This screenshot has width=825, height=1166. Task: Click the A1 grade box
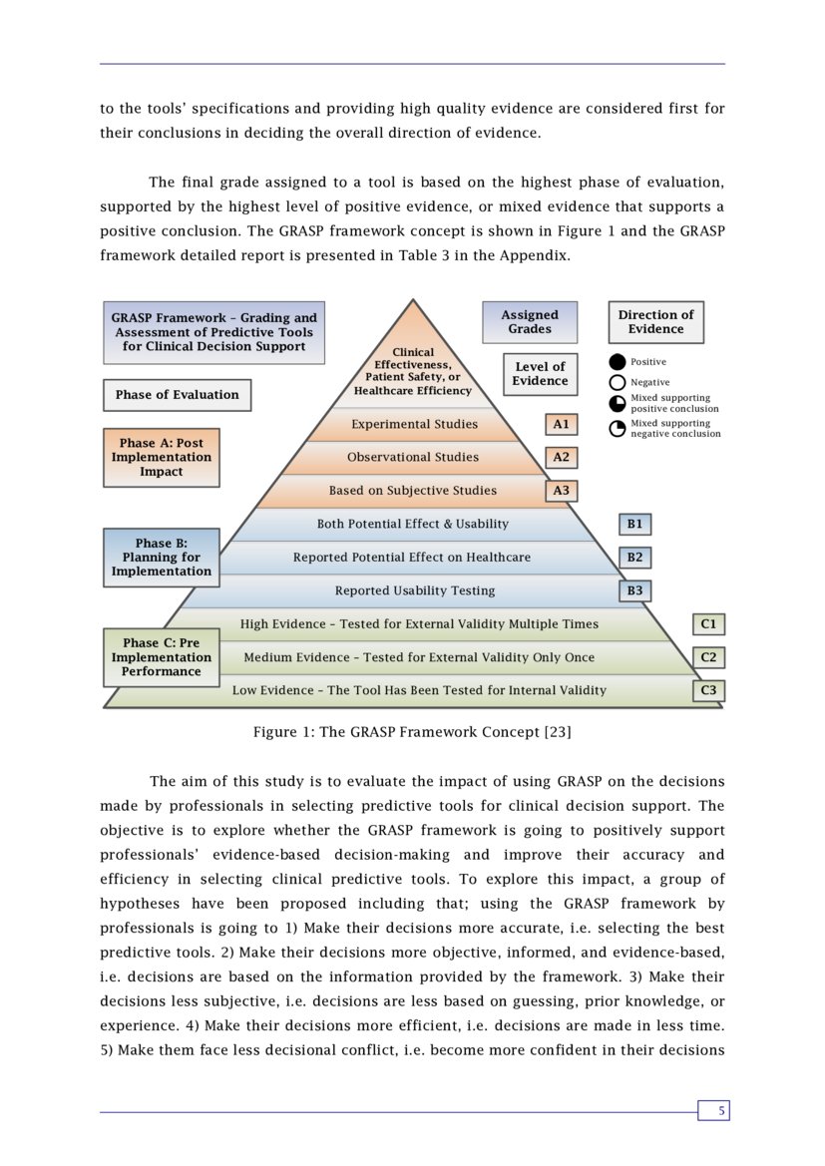pyautogui.click(x=561, y=424)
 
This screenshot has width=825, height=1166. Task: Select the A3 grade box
pyautogui.click(x=561, y=491)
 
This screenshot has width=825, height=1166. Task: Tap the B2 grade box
pyautogui.click(x=634, y=558)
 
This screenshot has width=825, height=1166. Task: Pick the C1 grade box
pyautogui.click(x=708, y=624)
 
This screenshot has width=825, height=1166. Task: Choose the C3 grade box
pyautogui.click(x=708, y=690)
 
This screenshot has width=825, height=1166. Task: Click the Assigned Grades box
pyautogui.click(x=529, y=322)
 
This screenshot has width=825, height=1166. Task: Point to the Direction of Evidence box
pyautogui.click(x=655, y=322)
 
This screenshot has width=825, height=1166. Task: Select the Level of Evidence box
pyautogui.click(x=540, y=374)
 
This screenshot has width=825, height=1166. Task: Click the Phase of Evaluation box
pyautogui.click(x=177, y=395)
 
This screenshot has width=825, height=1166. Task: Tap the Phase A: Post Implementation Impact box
pyautogui.click(x=161, y=457)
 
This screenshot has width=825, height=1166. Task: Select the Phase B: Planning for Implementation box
pyautogui.click(x=161, y=558)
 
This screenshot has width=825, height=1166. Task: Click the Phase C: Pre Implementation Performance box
pyautogui.click(x=161, y=657)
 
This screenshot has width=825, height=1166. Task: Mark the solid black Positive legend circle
pyautogui.click(x=618, y=362)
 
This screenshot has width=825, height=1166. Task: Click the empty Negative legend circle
pyautogui.click(x=618, y=382)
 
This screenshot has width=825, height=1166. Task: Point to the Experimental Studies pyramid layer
pyautogui.click(x=414, y=424)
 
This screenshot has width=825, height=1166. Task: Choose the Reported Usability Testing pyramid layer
pyautogui.click(x=414, y=590)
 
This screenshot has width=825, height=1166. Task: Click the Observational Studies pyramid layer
pyautogui.click(x=412, y=458)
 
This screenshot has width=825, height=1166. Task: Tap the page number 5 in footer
pyautogui.click(x=713, y=1110)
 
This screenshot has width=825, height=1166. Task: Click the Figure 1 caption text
pyautogui.click(x=412, y=732)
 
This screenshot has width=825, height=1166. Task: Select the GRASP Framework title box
pyautogui.click(x=213, y=332)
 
